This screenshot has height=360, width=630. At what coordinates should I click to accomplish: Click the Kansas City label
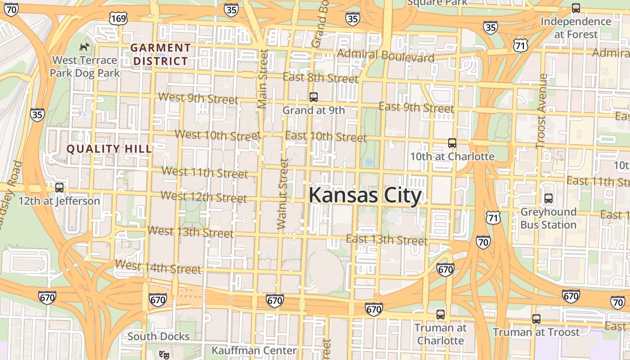365,196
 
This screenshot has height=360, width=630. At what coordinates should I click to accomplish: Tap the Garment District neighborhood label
161,54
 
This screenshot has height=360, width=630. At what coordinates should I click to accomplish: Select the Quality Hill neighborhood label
109,148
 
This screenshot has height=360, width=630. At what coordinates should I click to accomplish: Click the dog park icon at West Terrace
84,46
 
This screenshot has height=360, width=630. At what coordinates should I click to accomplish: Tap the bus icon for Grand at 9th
314,97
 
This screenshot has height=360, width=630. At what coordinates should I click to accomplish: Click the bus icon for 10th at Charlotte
452,143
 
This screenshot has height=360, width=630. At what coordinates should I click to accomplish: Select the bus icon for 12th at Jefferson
59,188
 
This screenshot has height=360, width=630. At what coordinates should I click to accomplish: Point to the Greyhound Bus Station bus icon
548,198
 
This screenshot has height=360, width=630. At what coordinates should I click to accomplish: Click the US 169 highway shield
118,18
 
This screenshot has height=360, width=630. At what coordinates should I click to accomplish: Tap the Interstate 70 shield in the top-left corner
12,9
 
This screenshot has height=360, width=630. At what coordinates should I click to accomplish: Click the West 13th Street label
190,232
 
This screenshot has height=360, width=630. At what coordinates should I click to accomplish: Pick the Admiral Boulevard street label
386,56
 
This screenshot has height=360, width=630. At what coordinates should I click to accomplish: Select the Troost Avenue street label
541,111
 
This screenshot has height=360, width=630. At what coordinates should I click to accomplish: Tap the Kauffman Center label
254,350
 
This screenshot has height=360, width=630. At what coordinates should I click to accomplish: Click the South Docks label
158,336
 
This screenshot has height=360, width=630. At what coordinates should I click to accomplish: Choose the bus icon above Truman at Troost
536,319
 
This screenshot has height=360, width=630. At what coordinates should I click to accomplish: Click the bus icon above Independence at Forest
576,8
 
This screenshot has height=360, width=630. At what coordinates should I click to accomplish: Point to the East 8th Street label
320,77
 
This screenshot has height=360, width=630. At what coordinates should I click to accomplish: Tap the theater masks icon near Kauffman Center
164,355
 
